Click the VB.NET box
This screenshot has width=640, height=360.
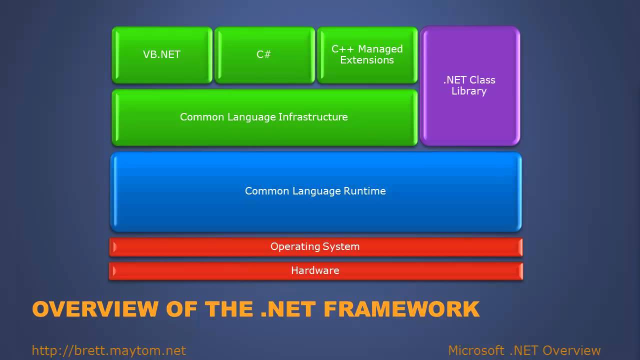[x=162, y=55]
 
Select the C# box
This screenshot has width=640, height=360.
[x=264, y=55]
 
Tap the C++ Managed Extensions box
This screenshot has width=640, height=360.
[x=367, y=55]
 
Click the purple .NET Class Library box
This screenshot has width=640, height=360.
[x=469, y=86]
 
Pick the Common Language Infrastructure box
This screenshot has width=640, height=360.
[x=264, y=117]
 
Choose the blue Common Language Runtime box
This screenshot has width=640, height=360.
[x=315, y=191]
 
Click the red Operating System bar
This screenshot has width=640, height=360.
[x=315, y=247]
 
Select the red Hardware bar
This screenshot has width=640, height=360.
[x=315, y=271]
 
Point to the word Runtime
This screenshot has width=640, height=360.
[x=364, y=191]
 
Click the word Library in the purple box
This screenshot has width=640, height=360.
[x=469, y=91]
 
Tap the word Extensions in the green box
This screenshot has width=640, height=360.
[x=367, y=60]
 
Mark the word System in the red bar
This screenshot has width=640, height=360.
[x=341, y=247]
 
